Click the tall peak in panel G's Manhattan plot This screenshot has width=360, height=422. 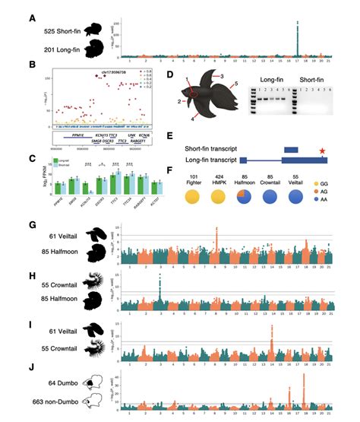click(x=217, y=229)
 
